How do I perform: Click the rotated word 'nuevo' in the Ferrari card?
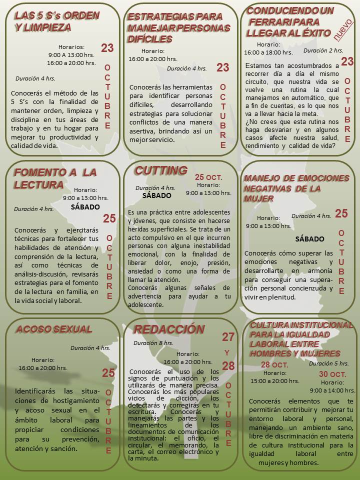coord(343,31)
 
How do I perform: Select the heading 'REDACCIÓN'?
coord(169,329)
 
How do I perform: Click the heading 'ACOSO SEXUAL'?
coord(53,329)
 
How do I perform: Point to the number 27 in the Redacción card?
coord(228,337)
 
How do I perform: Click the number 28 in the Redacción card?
coord(228,366)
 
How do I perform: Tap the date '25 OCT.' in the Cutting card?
coord(208,177)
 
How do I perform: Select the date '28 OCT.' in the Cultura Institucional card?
coord(275,364)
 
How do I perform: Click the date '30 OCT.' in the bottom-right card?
coord(332,374)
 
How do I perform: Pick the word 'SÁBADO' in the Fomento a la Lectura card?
coord(85,206)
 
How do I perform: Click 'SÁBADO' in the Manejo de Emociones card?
coord(310,239)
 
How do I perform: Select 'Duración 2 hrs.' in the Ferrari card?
coord(323,50)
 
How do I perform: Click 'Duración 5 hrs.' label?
coord(328,363)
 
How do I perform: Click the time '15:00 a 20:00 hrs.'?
coord(275,381)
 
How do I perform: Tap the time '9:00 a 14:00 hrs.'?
coord(332,390)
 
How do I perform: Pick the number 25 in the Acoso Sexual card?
coord(108,372)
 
